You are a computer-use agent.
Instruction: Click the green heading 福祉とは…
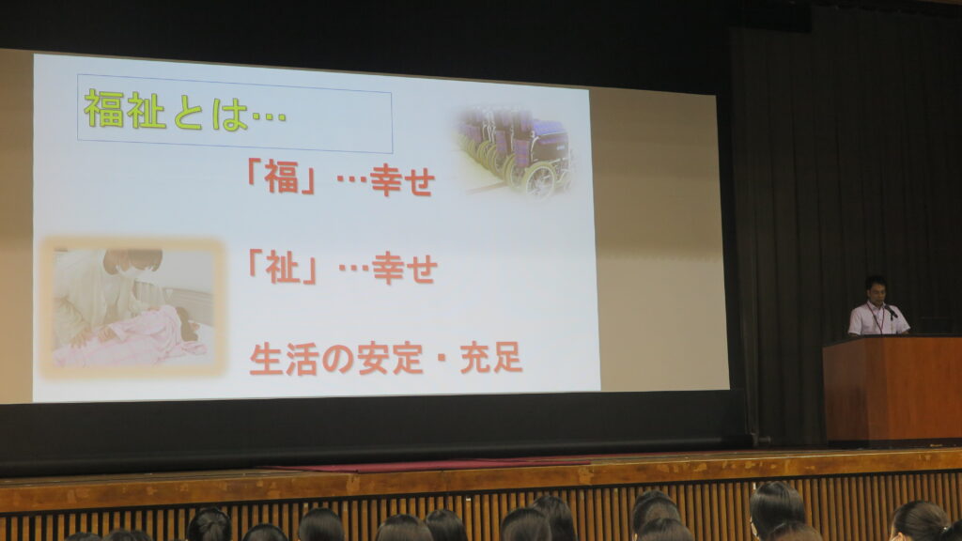click(x=185, y=111)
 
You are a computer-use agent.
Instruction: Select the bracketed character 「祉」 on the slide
click(x=282, y=268)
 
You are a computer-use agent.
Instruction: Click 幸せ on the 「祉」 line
click(x=404, y=269)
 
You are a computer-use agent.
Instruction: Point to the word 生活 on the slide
click(x=284, y=359)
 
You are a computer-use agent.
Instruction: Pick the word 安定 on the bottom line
click(x=391, y=358)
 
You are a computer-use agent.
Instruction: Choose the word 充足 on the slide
click(x=491, y=358)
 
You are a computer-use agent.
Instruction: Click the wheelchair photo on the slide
click(x=514, y=151)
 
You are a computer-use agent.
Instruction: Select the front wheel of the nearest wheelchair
click(x=539, y=180)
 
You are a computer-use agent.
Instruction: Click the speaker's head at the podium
click(x=877, y=289)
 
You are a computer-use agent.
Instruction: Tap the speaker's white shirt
click(x=877, y=319)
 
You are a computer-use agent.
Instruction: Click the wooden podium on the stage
click(x=892, y=389)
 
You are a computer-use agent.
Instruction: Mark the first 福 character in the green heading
click(x=103, y=109)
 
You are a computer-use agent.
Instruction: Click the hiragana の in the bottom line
click(x=337, y=360)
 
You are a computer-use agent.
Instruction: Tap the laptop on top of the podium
click(x=934, y=326)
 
